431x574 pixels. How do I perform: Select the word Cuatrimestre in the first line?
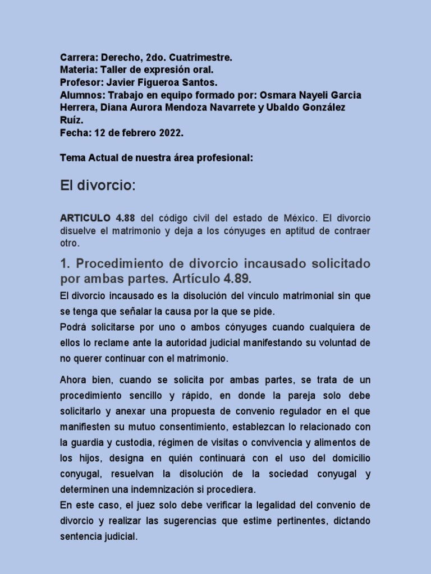point(203,58)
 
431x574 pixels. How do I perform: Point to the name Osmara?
point(279,95)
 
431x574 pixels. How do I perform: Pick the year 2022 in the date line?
point(169,133)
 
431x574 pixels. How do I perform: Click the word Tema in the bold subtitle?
point(72,158)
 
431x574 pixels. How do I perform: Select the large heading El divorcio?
point(98,186)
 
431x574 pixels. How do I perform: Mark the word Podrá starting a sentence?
point(74,327)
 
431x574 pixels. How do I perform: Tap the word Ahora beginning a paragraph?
point(74,380)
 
